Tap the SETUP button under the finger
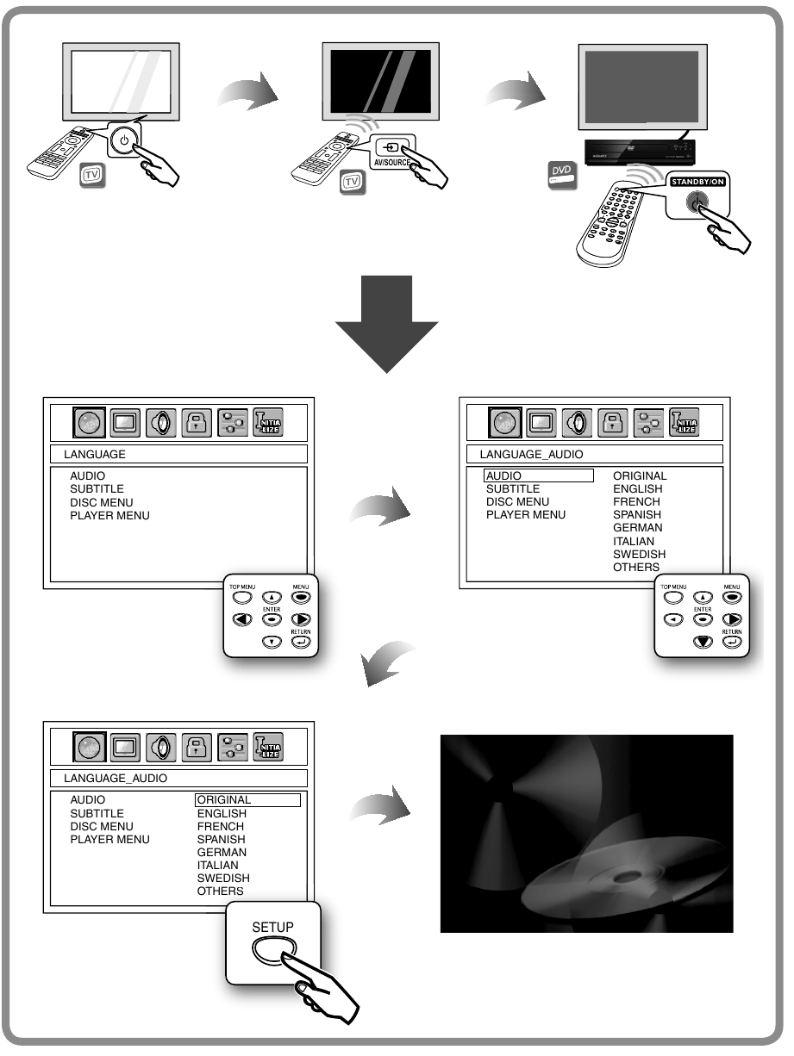click(272, 947)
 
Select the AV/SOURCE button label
click(391, 161)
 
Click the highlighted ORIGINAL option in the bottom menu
click(247, 800)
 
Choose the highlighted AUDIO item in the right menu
click(539, 475)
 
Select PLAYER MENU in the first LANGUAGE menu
click(109, 515)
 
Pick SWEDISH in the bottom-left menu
click(223, 878)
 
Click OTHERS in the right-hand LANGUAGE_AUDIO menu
click(635, 567)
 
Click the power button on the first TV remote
click(125, 140)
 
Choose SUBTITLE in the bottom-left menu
click(97, 813)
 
